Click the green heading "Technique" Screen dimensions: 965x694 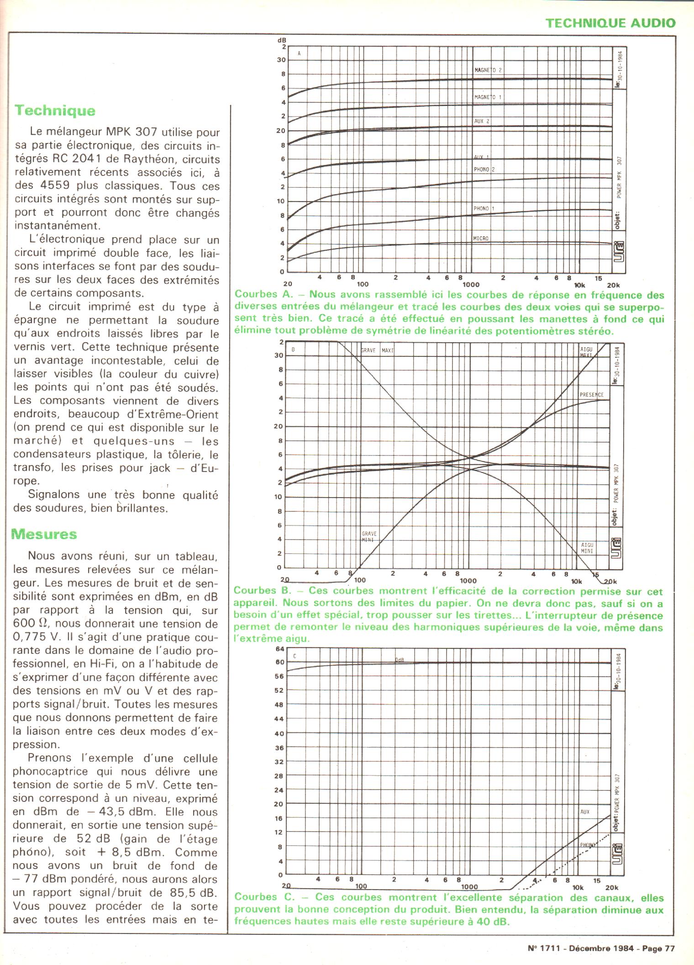click(55, 111)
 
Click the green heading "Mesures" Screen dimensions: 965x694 click(44, 534)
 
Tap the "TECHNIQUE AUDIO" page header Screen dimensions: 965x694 click(610, 23)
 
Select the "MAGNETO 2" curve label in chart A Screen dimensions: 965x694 click(488, 70)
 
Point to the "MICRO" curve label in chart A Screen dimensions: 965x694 click(481, 239)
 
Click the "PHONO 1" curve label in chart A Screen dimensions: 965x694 click(484, 208)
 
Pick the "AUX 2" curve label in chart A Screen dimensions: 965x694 click(482, 121)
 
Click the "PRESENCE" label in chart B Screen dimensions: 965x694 click(591, 395)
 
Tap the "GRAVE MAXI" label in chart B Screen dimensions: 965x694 click(377, 350)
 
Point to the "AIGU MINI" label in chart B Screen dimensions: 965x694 click(587, 548)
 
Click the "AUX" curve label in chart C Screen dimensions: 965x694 click(585, 812)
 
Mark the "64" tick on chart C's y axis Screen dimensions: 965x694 click(279, 649)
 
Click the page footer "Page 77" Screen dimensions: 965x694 click(658, 948)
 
